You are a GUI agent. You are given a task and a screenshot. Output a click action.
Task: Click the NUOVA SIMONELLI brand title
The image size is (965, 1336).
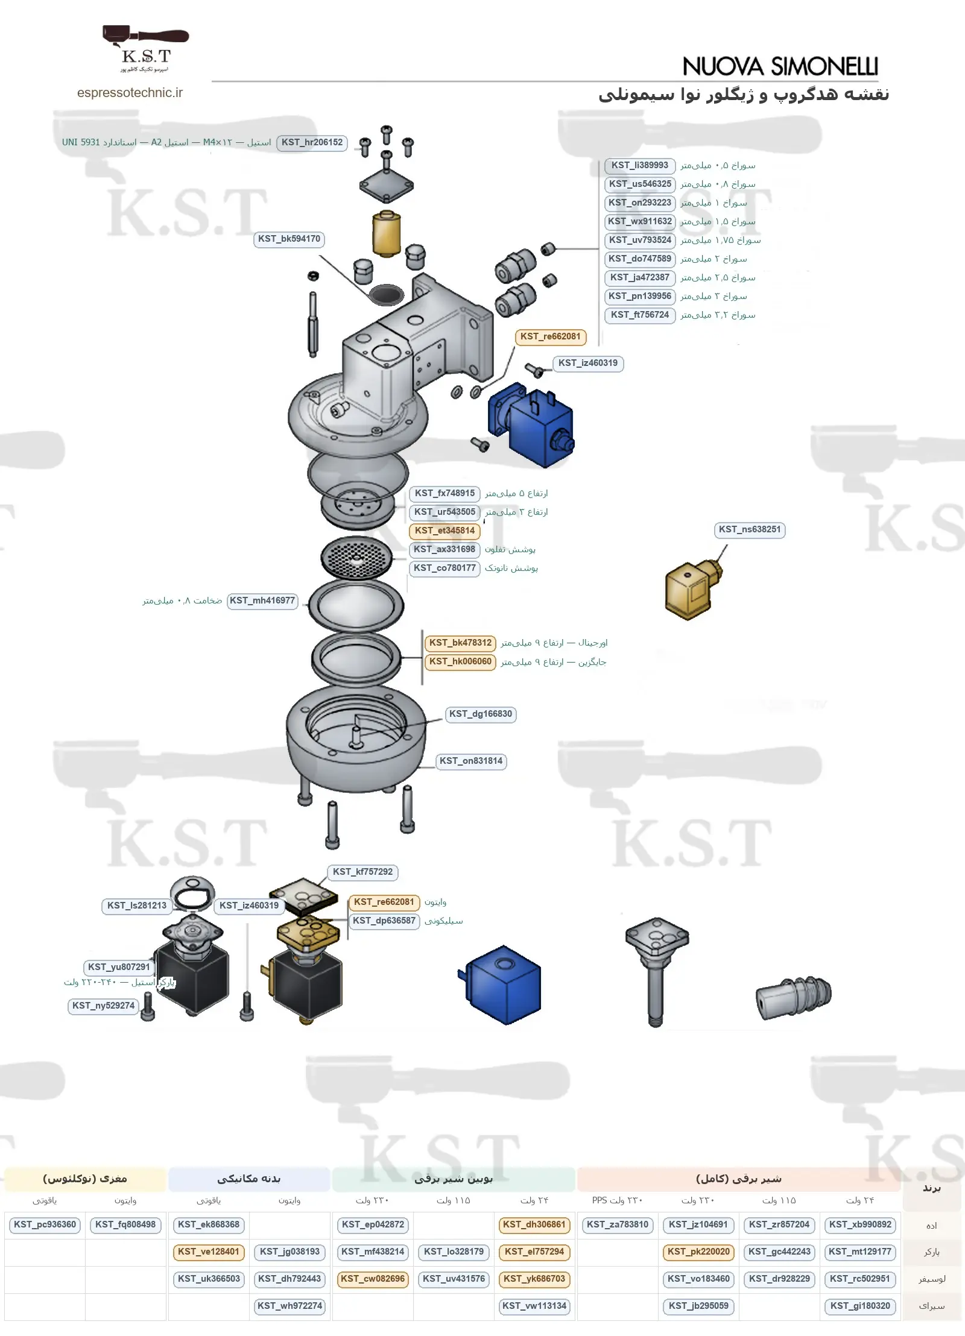pos(780,66)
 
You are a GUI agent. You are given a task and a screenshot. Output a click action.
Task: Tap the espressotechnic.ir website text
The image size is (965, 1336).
pos(130,93)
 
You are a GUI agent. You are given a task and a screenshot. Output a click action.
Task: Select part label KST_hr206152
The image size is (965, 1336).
pos(312,143)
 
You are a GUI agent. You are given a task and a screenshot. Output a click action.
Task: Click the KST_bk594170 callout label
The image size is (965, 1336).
pos(289,239)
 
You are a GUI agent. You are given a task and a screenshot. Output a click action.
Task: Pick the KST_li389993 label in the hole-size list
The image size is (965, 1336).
pos(640,166)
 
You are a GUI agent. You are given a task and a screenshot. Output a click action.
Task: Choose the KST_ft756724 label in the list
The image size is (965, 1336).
pos(640,315)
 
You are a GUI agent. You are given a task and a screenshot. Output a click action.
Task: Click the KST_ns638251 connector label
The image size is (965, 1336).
pos(750,530)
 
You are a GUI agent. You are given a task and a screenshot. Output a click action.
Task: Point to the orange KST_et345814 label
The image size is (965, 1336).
pos(445,531)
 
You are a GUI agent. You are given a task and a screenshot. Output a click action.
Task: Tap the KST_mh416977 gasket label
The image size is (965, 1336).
pos(262,601)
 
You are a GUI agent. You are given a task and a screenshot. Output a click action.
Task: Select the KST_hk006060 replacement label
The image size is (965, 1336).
pos(460,662)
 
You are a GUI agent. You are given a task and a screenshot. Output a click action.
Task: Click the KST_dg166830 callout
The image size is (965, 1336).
pos(481,714)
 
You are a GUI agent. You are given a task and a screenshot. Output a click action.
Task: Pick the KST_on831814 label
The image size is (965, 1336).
pos(471,761)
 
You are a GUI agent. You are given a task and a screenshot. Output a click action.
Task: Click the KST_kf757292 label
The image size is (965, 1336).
pos(362,872)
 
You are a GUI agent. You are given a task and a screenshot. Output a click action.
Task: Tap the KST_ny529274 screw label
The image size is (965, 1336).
pos(103,1006)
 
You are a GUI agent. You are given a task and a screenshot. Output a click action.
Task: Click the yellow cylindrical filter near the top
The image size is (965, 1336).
pos(387,234)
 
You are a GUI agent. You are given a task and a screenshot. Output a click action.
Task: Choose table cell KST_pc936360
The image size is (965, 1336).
pos(45,1225)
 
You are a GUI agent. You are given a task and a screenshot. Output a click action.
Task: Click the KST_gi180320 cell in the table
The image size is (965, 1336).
pos(860,1306)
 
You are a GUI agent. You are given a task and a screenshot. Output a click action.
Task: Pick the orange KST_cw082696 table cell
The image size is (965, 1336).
pos(373,1279)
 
